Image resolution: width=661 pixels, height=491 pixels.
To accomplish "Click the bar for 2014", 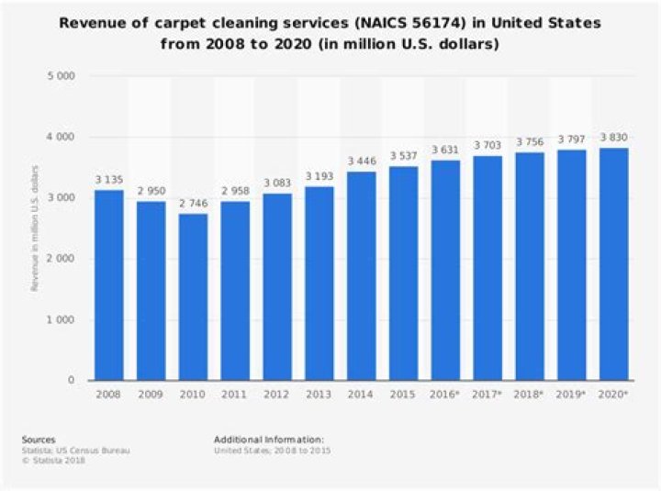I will (x=362, y=275).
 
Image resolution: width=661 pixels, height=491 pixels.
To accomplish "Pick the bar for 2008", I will (x=108, y=285).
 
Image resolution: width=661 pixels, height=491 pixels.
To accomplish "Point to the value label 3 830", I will (x=614, y=138).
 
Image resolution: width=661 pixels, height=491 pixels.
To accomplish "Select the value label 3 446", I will (x=362, y=162).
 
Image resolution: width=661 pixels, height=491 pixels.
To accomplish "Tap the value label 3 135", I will (x=108, y=180).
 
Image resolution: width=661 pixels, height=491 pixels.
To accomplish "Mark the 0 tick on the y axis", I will (x=71, y=380).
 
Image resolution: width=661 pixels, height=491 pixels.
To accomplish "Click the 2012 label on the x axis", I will (x=277, y=394).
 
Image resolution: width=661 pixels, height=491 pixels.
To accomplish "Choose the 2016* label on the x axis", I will (x=446, y=394).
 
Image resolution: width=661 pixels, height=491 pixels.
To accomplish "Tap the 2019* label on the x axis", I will (x=572, y=394).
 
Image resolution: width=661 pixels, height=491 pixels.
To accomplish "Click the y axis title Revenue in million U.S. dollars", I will (x=34, y=229).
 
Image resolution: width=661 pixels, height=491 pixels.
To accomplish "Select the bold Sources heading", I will (x=39, y=440).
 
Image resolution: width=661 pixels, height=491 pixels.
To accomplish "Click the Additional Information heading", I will (x=269, y=440).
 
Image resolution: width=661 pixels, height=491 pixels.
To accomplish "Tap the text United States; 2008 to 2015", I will (x=273, y=450).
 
